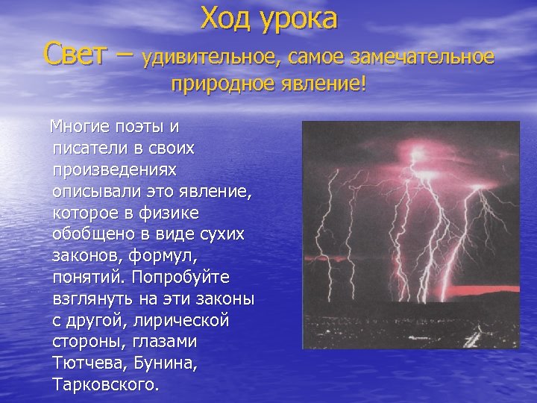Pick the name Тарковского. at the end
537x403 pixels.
(107, 386)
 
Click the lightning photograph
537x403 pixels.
(410, 235)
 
